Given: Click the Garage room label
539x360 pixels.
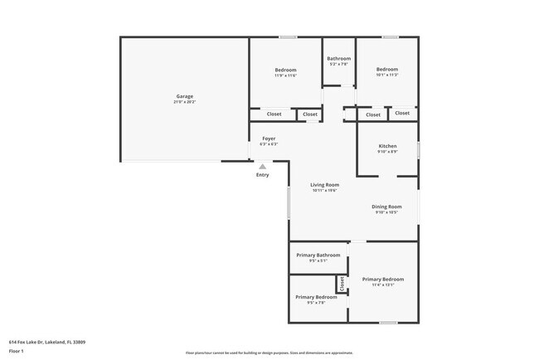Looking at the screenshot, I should coord(184,96).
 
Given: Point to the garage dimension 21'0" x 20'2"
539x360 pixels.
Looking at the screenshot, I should coord(184,102).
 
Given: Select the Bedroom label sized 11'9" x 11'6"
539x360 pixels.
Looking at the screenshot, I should coord(285,70).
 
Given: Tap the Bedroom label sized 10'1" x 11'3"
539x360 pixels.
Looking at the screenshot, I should coord(386,70).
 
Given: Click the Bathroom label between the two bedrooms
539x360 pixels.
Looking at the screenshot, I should coord(338,59).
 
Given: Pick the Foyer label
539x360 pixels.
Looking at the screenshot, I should coord(269,139).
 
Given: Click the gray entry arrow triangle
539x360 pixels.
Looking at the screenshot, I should coord(263,167).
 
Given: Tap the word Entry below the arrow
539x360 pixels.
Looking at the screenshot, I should coord(263,175).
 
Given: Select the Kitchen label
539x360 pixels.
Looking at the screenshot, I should coord(387,146).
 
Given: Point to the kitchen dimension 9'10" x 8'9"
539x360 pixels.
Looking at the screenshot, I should coord(387,152).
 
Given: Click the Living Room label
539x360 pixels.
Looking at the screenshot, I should coord(324,185).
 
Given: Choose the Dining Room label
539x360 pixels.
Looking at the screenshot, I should coord(386,207).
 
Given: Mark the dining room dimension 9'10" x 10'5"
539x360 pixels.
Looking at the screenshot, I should coord(386,212).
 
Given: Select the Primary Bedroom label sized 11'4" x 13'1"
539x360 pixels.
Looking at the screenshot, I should coord(383,280).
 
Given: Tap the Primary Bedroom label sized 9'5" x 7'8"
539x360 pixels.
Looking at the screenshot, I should coord(316,297).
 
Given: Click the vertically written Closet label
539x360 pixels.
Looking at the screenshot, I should coord(341,284).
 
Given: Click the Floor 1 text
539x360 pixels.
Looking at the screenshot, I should coord(16,351).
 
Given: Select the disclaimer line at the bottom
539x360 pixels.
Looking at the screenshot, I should coord(269,353).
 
